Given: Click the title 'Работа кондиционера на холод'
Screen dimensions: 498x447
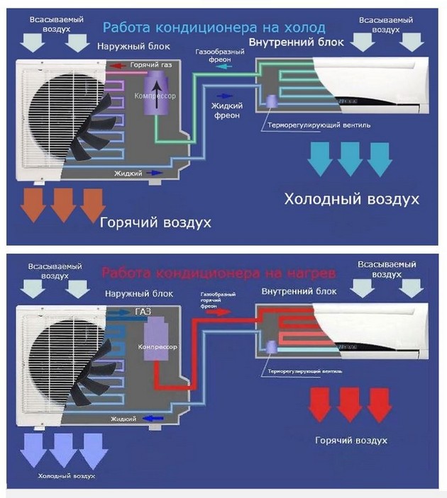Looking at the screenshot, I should pyautogui.click(x=214, y=28).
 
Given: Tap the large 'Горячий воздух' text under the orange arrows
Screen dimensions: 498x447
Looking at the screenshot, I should pyautogui.click(x=155, y=222).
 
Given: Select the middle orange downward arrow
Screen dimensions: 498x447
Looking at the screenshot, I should pyautogui.click(x=62, y=203).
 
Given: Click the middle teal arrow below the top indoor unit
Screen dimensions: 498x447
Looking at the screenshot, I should pyautogui.click(x=350, y=159).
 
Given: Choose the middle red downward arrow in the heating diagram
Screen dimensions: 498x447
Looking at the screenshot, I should pyautogui.click(x=350, y=404).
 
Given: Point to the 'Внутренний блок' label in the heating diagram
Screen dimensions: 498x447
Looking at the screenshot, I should pyautogui.click(x=292, y=292).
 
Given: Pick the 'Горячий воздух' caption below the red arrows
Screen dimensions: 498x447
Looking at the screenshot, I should pyautogui.click(x=351, y=440).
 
